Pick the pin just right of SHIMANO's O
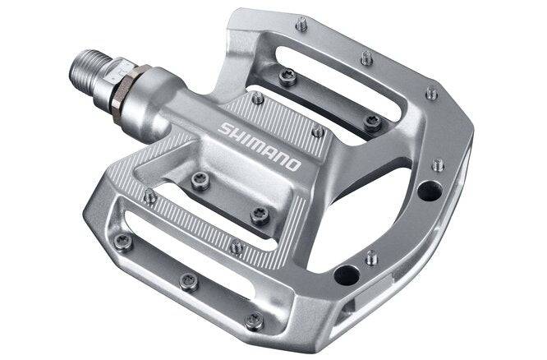click(x=318, y=131)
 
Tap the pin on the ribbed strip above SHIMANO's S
click(x=257, y=98)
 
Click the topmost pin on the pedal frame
click(x=301, y=25)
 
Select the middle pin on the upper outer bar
click(x=366, y=58)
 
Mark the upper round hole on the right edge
click(x=429, y=191)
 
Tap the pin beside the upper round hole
click(x=438, y=164)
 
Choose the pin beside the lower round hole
click(x=371, y=256)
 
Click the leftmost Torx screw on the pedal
click(x=122, y=242)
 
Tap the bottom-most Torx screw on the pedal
click(x=255, y=321)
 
